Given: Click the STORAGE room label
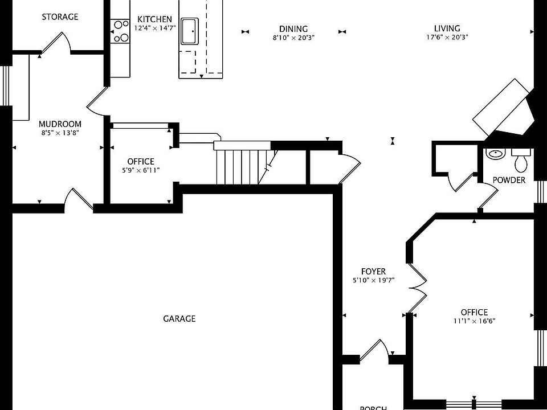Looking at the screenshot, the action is pyautogui.click(x=60, y=17).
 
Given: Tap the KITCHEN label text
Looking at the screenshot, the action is pyautogui.click(x=154, y=19).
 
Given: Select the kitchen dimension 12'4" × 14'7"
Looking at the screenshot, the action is pyautogui.click(x=155, y=28).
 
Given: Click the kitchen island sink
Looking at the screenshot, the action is pyautogui.click(x=189, y=31).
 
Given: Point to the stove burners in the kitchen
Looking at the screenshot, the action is pyautogui.click(x=120, y=31).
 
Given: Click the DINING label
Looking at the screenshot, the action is pyautogui.click(x=293, y=28).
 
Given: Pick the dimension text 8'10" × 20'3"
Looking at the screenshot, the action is pyautogui.click(x=294, y=38).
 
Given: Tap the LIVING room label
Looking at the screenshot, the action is pyautogui.click(x=447, y=28).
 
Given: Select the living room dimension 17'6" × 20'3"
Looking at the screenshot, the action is pyautogui.click(x=447, y=38).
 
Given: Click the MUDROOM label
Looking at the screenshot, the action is pyautogui.click(x=60, y=124).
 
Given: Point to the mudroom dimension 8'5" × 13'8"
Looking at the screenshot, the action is pyautogui.click(x=60, y=133).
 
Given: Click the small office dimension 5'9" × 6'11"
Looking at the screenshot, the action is pyautogui.click(x=141, y=170).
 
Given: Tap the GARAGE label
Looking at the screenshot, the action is pyautogui.click(x=179, y=319).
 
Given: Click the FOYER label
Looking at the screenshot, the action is pyautogui.click(x=373, y=271).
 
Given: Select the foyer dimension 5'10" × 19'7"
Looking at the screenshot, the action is pyautogui.click(x=374, y=280).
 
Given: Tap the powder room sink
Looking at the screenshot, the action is pyautogui.click(x=495, y=154).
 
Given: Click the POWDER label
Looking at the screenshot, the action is pyautogui.click(x=509, y=180).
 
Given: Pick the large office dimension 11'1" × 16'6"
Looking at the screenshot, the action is pyautogui.click(x=475, y=321).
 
